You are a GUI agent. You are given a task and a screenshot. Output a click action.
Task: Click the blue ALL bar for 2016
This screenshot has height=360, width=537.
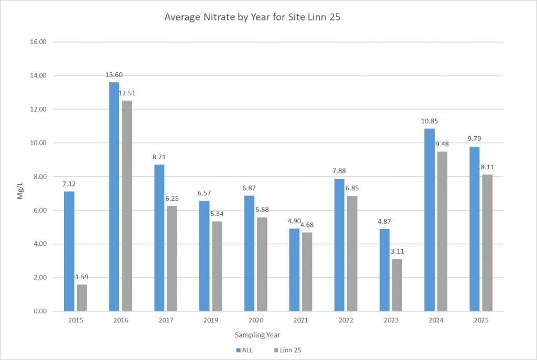coord(114,197)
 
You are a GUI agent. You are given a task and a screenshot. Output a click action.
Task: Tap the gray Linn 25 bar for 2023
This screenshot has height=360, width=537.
coord(396,285)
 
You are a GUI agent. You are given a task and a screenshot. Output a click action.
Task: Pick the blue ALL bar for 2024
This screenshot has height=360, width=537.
coord(429,220)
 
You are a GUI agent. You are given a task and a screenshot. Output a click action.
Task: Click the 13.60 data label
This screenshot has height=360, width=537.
coord(114,75)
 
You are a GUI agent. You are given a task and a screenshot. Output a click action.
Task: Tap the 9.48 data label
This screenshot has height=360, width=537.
coord(443,144)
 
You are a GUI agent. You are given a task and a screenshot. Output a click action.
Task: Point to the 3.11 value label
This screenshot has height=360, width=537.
coord(398,252)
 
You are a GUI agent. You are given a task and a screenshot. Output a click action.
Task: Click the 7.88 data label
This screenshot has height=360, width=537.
coord(339,171)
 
